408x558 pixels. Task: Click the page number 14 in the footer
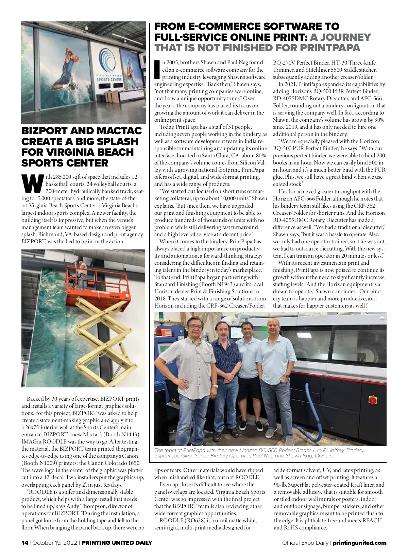pos(24,543)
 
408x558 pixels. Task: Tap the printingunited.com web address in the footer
pos(359,543)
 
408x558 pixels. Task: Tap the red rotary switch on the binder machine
pos(373,400)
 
